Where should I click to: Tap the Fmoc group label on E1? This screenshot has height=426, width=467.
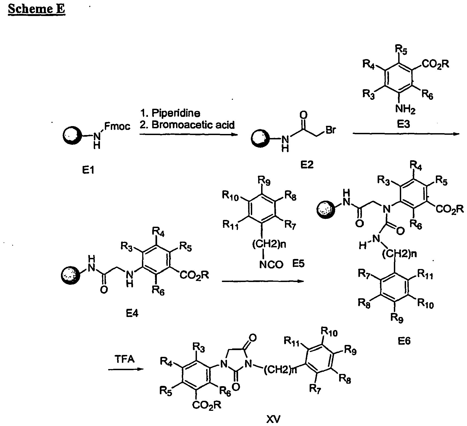coord(117,126)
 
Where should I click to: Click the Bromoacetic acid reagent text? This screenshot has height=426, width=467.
coord(193,125)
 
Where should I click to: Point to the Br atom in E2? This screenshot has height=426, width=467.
coord(330,130)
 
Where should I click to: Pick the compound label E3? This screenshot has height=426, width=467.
coord(403,124)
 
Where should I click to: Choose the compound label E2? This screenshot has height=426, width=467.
coord(307,165)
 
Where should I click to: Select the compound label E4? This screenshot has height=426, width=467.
coord(132,313)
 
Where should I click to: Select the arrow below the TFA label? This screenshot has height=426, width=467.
coord(126,369)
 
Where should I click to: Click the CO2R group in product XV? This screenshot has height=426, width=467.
coord(207,405)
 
